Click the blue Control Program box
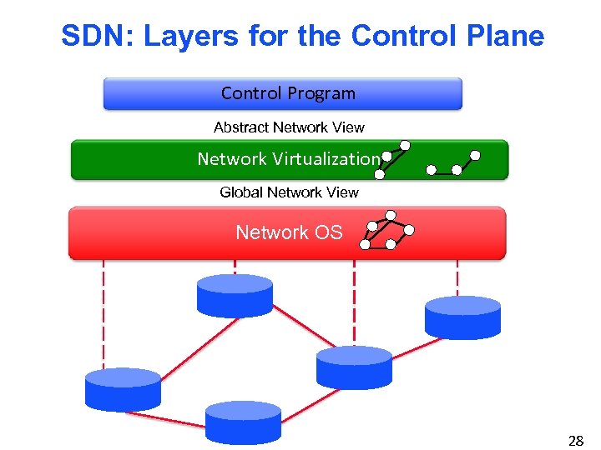pos(282,93)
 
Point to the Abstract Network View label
pos(289,127)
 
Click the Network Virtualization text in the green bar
pos(287,159)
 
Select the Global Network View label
pos(289,192)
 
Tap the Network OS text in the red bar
pos(289,232)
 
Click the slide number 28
pos(575,441)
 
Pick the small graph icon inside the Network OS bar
pos(386,233)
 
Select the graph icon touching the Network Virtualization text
pos(392,160)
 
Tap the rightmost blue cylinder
pos(462,317)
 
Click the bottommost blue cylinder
pos(243,422)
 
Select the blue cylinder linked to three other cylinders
pos(354,367)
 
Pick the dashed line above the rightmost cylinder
pos(457,277)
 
